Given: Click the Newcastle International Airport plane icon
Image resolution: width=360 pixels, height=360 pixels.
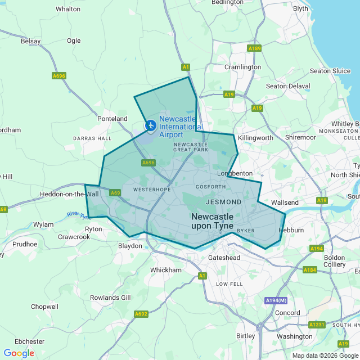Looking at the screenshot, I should pyautogui.click(x=151, y=125).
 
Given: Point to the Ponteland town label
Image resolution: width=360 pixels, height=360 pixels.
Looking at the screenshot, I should pyautogui.click(x=112, y=119).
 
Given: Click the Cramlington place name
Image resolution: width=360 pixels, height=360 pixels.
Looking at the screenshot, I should pyautogui.click(x=242, y=67).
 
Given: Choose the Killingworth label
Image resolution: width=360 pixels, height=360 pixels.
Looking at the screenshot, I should pyautogui.click(x=255, y=138).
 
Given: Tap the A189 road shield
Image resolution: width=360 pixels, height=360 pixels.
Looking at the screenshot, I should pyautogui.click(x=255, y=48).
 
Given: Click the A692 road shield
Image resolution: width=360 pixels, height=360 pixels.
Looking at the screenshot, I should pyautogui.click(x=141, y=314).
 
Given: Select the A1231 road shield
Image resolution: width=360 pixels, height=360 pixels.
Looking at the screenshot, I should pyautogui.click(x=317, y=325).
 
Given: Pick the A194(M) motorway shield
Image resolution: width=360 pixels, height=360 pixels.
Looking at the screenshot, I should pyautogui.click(x=276, y=301).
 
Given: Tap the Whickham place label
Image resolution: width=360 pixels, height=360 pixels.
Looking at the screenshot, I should pyautogui.click(x=166, y=270).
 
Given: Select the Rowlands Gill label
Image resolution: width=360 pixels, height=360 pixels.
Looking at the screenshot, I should pyautogui.click(x=110, y=298).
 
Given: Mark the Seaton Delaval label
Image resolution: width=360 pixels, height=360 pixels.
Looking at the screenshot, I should pyautogui.click(x=288, y=86).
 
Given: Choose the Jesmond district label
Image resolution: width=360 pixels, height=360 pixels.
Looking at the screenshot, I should pyautogui.click(x=224, y=201).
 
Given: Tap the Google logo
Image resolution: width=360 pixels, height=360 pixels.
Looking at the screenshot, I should pyautogui.click(x=19, y=353).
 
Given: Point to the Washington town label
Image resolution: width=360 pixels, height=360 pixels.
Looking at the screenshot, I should pyautogui.click(x=294, y=336).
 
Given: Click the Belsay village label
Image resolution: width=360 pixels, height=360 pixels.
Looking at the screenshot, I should pyautogui.click(x=31, y=41).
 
